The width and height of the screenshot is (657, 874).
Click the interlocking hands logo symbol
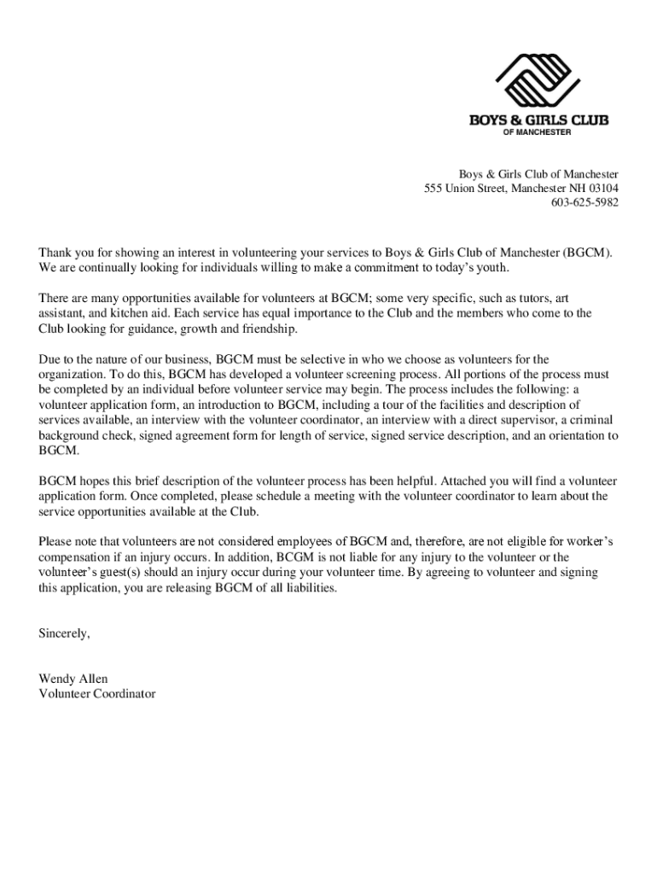pos(537,83)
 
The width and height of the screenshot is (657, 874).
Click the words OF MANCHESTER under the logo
pos(537,132)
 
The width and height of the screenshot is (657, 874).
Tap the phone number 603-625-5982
pos(584,202)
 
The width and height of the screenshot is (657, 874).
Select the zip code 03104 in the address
pos(602,188)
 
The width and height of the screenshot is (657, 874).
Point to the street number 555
pos(434,188)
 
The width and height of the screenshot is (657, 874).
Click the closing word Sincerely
pos(64,633)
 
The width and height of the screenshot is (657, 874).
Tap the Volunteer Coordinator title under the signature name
pos(97,694)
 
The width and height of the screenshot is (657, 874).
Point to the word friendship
pos(270,328)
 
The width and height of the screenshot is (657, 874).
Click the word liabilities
pos(308,588)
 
